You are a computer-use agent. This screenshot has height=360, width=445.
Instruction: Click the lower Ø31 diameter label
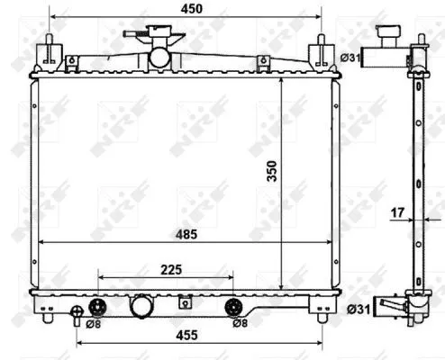357,310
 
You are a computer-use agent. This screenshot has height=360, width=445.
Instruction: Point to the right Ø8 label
240,322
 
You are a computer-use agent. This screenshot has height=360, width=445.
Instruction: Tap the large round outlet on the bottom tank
143,306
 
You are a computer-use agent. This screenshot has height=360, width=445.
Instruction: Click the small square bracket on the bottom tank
186,301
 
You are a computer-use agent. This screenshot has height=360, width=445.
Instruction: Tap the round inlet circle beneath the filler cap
159,56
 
